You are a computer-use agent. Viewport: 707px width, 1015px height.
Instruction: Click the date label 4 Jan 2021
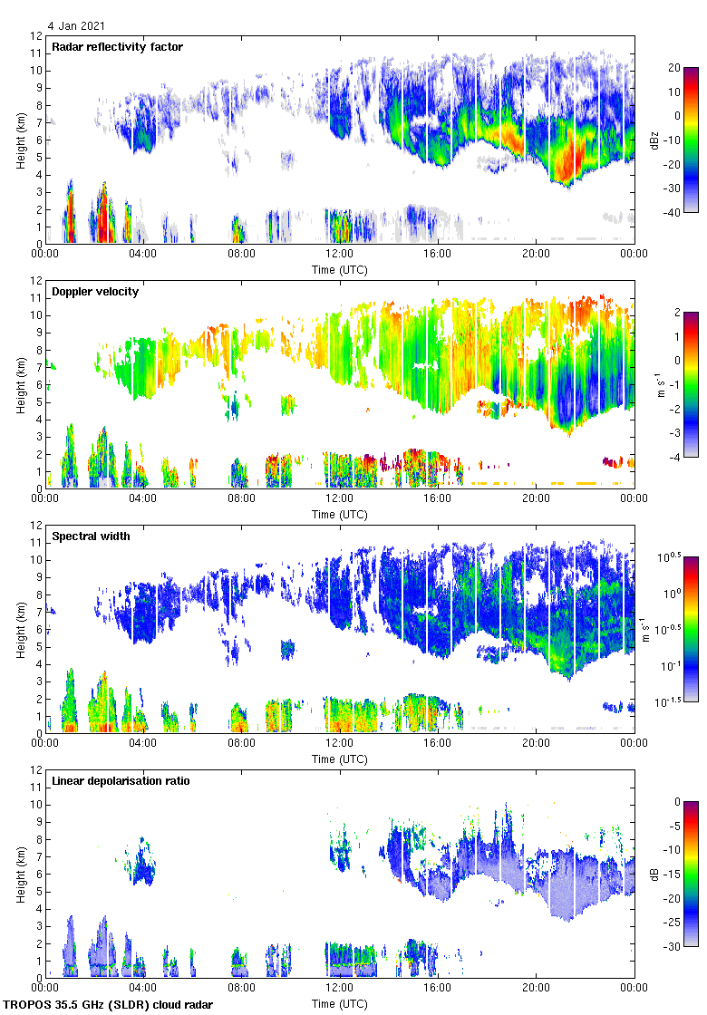pyautogui.click(x=72, y=26)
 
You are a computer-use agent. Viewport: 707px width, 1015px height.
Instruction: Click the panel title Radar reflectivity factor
pyautogui.click(x=118, y=46)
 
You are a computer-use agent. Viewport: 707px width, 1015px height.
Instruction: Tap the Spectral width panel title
pyautogui.click(x=91, y=536)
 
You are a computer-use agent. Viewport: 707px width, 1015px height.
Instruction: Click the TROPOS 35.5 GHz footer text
pyautogui.click(x=109, y=1005)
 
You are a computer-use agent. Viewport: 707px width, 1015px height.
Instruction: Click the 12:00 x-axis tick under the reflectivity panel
pyautogui.click(x=340, y=255)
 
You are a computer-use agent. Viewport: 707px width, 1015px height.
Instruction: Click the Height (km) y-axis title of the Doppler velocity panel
pyautogui.click(x=20, y=384)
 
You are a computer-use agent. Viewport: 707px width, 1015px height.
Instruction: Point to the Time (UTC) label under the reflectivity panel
pyautogui.click(x=340, y=269)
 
